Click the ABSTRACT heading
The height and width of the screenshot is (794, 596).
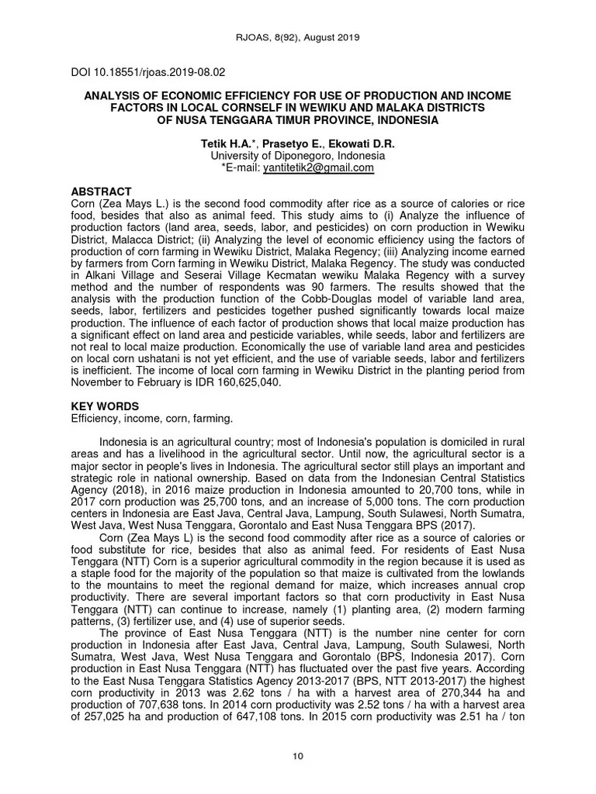point(102,192)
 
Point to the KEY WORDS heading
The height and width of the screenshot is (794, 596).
point(106,406)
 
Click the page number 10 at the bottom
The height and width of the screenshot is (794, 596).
point(297,757)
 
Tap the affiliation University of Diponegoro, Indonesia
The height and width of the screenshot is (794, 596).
point(298,156)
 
